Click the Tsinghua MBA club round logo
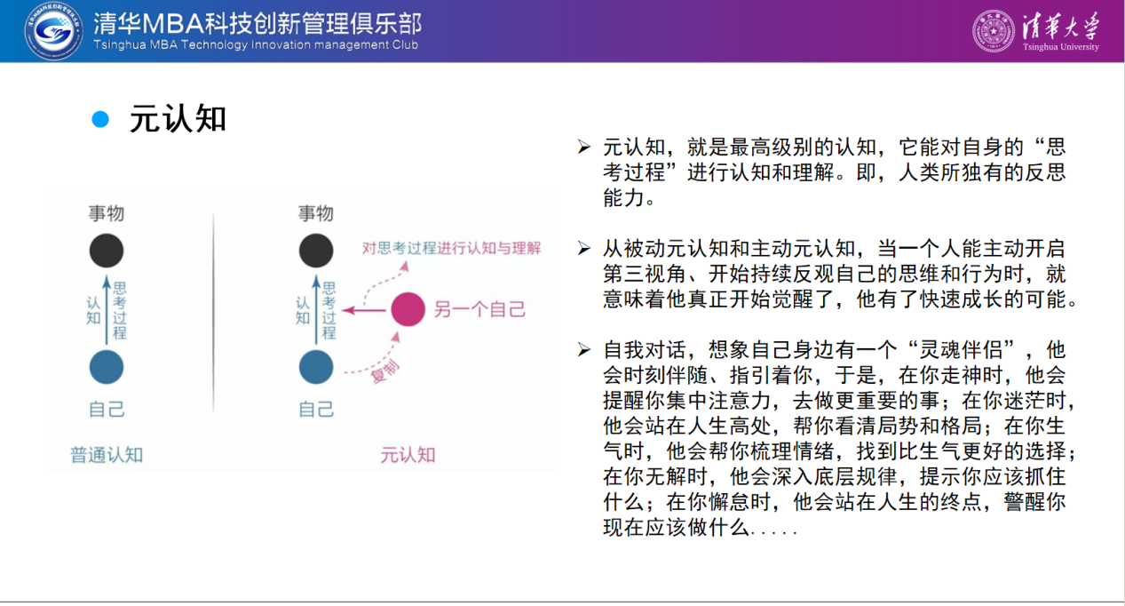pyautogui.click(x=54, y=30)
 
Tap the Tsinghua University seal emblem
pyautogui.click(x=994, y=31)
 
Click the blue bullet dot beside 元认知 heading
pyautogui.click(x=100, y=120)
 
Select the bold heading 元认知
pyautogui.click(x=178, y=119)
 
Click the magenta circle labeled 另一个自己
pyautogui.click(x=408, y=309)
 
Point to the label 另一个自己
pyautogui.click(x=479, y=309)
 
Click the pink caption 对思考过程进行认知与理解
pyautogui.click(x=451, y=248)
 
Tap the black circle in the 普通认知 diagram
pyautogui.click(x=107, y=251)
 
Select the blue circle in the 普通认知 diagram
pyautogui.click(x=107, y=367)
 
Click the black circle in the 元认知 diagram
pyautogui.click(x=316, y=251)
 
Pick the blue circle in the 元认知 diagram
pyautogui.click(x=316, y=367)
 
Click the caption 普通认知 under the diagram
pyautogui.click(x=107, y=455)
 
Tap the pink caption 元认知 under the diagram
pyautogui.click(x=408, y=455)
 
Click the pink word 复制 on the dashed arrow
pyautogui.click(x=385, y=372)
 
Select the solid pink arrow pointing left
pyautogui.click(x=364, y=310)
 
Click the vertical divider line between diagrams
pyautogui.click(x=213, y=312)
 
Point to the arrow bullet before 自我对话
pyautogui.click(x=583, y=349)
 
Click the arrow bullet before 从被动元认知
pyautogui.click(x=583, y=248)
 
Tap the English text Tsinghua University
pyautogui.click(x=1061, y=47)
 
